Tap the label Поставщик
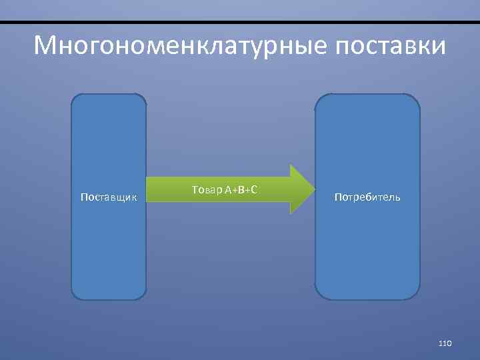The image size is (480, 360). [x=109, y=197]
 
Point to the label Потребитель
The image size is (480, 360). [x=367, y=197]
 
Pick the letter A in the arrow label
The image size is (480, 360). [x=228, y=191]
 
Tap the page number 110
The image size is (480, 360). [x=445, y=343]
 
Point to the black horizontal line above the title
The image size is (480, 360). [x=240, y=23]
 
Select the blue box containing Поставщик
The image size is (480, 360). [x=109, y=253]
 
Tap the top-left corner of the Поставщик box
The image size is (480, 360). [x=74, y=96]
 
